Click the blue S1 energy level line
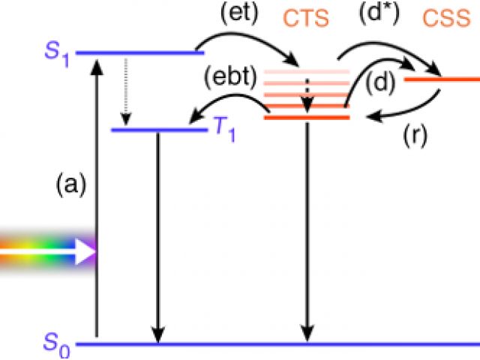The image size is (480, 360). [140, 53]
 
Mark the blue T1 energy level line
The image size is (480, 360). [157, 130]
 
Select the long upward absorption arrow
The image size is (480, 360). [96, 195]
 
